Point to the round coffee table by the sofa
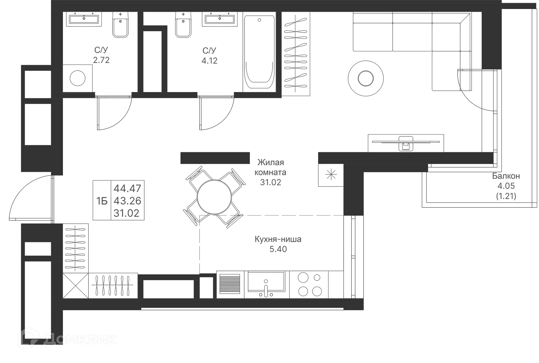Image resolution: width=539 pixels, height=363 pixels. (x=366, y=78)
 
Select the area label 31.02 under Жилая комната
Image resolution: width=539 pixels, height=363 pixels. (x=271, y=182)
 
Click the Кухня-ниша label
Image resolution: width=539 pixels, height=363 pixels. (x=278, y=239)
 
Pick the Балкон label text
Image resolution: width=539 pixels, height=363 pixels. (x=506, y=176)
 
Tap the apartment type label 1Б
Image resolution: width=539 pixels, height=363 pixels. (x=102, y=201)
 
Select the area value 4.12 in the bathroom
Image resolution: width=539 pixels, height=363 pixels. (x=209, y=60)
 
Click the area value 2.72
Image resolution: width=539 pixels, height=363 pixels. (x=101, y=60)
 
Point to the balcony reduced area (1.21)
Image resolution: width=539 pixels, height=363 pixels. (x=506, y=196)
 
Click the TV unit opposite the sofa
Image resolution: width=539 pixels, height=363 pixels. (x=405, y=142)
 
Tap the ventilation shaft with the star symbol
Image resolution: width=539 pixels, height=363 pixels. (x=331, y=174)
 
